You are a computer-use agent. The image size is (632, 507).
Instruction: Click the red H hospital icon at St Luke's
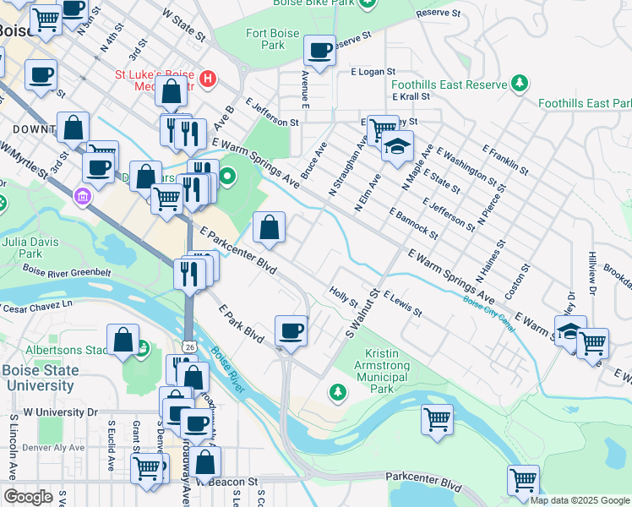point(208,81)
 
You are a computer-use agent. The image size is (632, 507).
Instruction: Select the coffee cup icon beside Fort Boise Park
point(320,52)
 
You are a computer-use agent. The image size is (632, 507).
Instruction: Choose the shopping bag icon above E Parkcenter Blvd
point(270,227)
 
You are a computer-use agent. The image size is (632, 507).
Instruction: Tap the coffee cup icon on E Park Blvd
point(291,330)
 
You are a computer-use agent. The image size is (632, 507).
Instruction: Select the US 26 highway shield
point(188,347)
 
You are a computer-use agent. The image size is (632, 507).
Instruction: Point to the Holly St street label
point(344,297)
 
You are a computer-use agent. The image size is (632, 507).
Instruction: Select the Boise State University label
point(39,378)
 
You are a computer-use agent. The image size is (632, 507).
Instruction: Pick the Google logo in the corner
point(28,497)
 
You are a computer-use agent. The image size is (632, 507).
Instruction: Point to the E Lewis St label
point(402,304)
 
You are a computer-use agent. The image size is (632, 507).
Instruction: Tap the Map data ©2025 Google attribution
point(579,500)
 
